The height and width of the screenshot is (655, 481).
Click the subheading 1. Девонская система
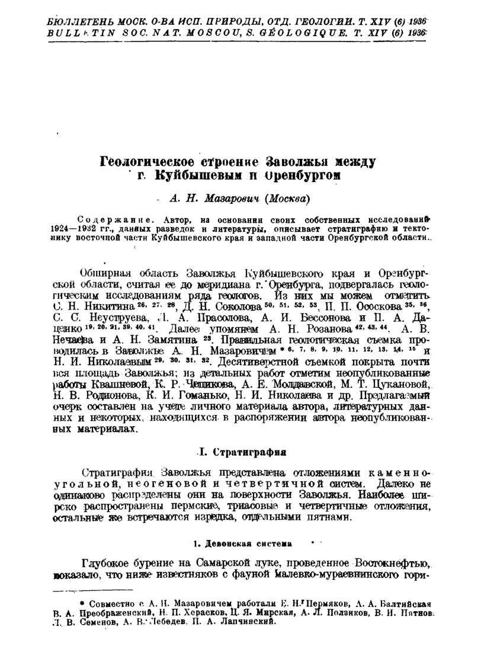(x=240, y=542)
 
